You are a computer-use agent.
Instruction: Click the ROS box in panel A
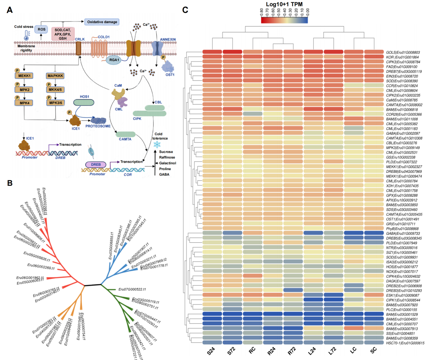41,30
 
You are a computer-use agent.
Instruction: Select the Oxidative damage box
102,22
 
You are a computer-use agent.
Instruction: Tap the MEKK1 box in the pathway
24,76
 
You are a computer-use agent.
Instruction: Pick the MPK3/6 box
55,103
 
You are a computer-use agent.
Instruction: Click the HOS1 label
84,97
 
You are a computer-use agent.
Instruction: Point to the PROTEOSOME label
98,126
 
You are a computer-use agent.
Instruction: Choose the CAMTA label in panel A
125,139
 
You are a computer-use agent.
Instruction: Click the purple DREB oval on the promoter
96,165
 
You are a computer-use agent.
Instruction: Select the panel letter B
10,183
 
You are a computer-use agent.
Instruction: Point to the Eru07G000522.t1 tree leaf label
132,289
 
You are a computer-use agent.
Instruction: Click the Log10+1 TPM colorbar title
284,4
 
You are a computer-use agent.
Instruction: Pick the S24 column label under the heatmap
211,351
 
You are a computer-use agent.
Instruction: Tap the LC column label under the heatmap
353,350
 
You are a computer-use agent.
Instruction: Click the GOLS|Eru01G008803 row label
403,52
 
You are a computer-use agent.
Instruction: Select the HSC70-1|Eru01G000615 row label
405,343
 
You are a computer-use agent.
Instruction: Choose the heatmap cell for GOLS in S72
232,52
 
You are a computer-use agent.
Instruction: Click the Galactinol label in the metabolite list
167,163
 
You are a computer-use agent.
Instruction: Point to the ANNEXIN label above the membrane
168,39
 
